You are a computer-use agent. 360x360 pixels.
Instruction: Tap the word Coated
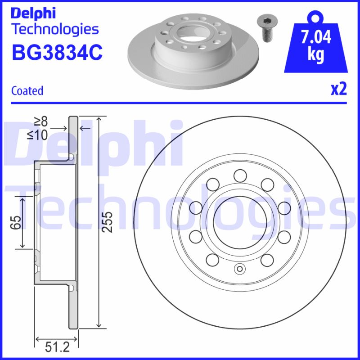[x=27, y=90]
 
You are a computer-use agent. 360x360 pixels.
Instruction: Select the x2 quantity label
[x=339, y=89]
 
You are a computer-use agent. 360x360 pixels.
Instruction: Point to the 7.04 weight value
[x=316, y=37]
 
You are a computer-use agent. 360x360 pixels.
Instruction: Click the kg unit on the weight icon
[x=316, y=54]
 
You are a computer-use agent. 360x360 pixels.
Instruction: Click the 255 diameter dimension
[x=107, y=221]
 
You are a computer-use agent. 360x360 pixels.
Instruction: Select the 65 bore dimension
[x=16, y=222]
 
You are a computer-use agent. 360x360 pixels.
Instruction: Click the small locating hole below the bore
[x=239, y=270]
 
